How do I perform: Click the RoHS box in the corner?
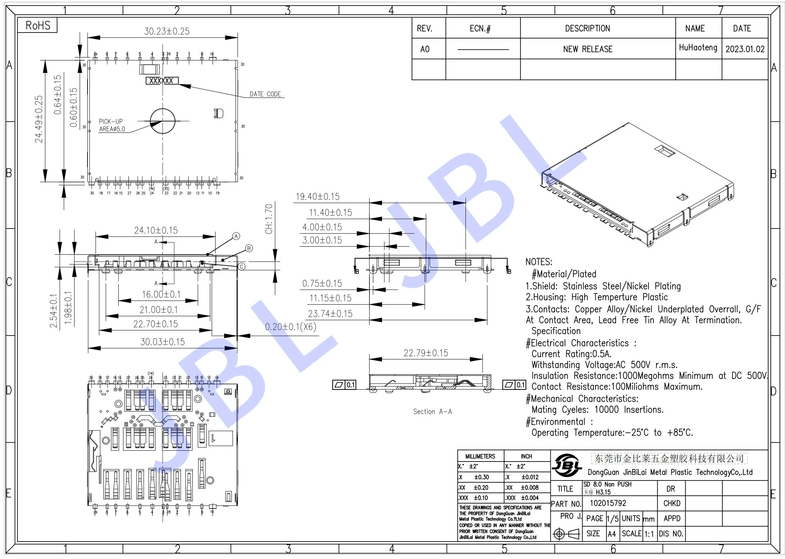tap(37, 26)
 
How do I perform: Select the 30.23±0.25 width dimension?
tap(166, 31)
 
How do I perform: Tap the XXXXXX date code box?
tap(162, 81)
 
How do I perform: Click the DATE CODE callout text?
tap(265, 94)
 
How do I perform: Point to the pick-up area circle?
tap(163, 121)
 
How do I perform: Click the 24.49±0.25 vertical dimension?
tap(39, 119)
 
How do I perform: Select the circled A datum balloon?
tap(236, 236)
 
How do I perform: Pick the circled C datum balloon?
tap(242, 267)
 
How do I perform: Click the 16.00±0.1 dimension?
tap(161, 294)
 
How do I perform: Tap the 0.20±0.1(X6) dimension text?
tap(291, 327)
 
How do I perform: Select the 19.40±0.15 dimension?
tap(317, 197)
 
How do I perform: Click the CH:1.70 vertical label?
tap(269, 219)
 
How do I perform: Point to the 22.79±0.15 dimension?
tap(425, 353)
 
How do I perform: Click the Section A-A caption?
tap(432, 412)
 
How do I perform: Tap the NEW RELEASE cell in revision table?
tap(588, 49)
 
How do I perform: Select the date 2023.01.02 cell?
tap(745, 49)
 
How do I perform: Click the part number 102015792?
tap(608, 503)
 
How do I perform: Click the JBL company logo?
tap(567, 466)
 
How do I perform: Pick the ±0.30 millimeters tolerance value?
tap(481, 477)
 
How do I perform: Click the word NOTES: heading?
tap(539, 262)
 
